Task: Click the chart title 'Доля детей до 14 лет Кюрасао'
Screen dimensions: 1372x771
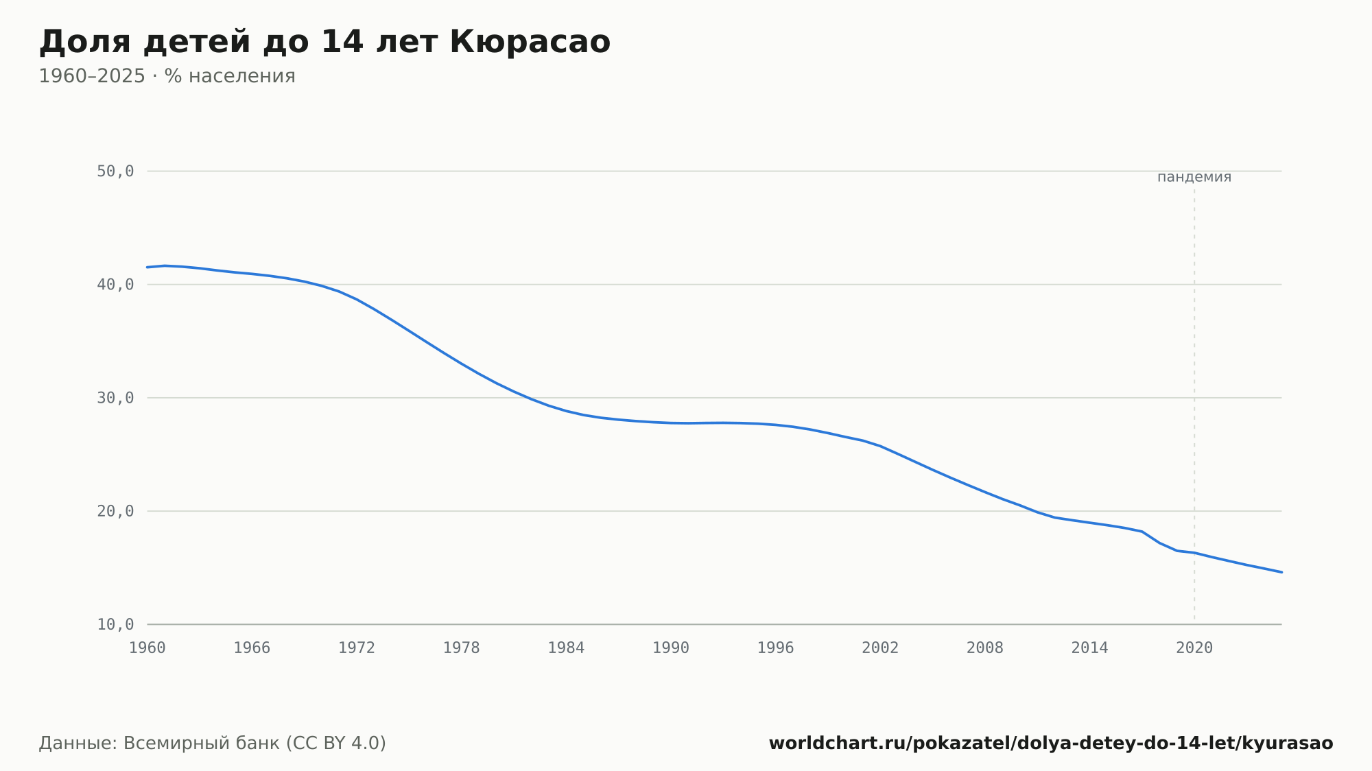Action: click(324, 42)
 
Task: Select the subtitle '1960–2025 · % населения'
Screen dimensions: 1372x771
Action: click(167, 76)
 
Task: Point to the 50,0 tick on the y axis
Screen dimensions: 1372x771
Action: click(115, 171)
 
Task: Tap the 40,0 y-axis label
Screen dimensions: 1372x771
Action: click(115, 285)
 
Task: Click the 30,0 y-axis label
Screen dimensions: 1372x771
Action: click(115, 398)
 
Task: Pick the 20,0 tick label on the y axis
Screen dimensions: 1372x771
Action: click(115, 511)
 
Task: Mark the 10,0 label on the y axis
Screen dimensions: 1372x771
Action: click(115, 624)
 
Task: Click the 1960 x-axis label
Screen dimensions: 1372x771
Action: click(147, 648)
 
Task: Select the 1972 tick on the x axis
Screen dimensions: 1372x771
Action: click(357, 648)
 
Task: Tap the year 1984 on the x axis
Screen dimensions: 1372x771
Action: click(566, 648)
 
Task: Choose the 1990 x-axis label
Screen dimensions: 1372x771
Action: click(671, 648)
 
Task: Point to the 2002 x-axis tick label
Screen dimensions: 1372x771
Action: click(880, 648)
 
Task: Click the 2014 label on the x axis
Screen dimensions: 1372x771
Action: click(1090, 648)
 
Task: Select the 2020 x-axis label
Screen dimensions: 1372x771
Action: click(1194, 648)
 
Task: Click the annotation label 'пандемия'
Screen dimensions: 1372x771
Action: click(1194, 177)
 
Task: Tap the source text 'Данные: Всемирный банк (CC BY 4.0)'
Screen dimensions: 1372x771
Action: click(213, 744)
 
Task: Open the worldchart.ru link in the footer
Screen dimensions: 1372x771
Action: click(1051, 744)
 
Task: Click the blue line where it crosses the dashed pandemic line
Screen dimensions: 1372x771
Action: click(1194, 553)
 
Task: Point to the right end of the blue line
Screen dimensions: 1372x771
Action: click(1281, 572)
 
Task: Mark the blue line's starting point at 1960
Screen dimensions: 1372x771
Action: click(147, 267)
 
